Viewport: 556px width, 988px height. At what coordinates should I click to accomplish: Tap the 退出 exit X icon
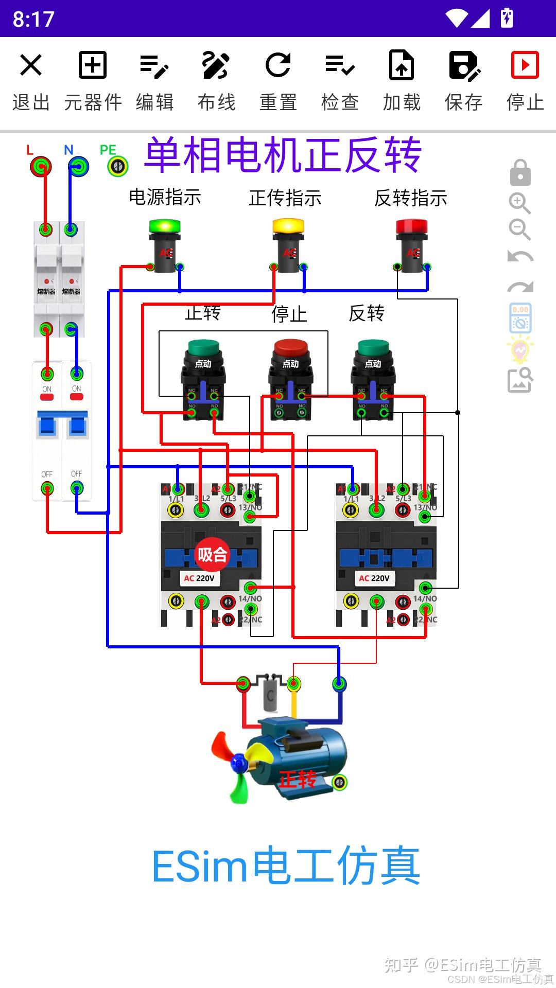(31, 65)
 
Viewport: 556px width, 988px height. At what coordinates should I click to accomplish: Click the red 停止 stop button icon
(525, 65)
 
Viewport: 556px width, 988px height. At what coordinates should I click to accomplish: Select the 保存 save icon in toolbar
(463, 65)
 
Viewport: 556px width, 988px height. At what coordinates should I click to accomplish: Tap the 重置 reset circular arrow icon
(278, 65)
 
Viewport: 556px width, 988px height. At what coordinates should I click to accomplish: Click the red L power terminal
(41, 167)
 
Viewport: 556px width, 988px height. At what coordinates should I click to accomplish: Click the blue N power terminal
(78, 167)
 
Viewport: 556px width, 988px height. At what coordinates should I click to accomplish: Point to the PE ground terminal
(118, 166)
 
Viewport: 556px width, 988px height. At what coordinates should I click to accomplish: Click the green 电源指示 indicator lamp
(165, 226)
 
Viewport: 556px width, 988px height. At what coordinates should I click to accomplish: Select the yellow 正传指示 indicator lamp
(288, 226)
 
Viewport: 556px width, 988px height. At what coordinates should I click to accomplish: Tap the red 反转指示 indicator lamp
(412, 226)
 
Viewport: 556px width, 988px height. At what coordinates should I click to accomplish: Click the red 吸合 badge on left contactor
(212, 555)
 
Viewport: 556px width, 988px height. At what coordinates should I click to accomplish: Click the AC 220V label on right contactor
(374, 578)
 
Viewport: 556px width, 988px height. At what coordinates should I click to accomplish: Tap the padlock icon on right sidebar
(520, 173)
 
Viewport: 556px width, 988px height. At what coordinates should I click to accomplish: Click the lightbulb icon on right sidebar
(520, 350)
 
